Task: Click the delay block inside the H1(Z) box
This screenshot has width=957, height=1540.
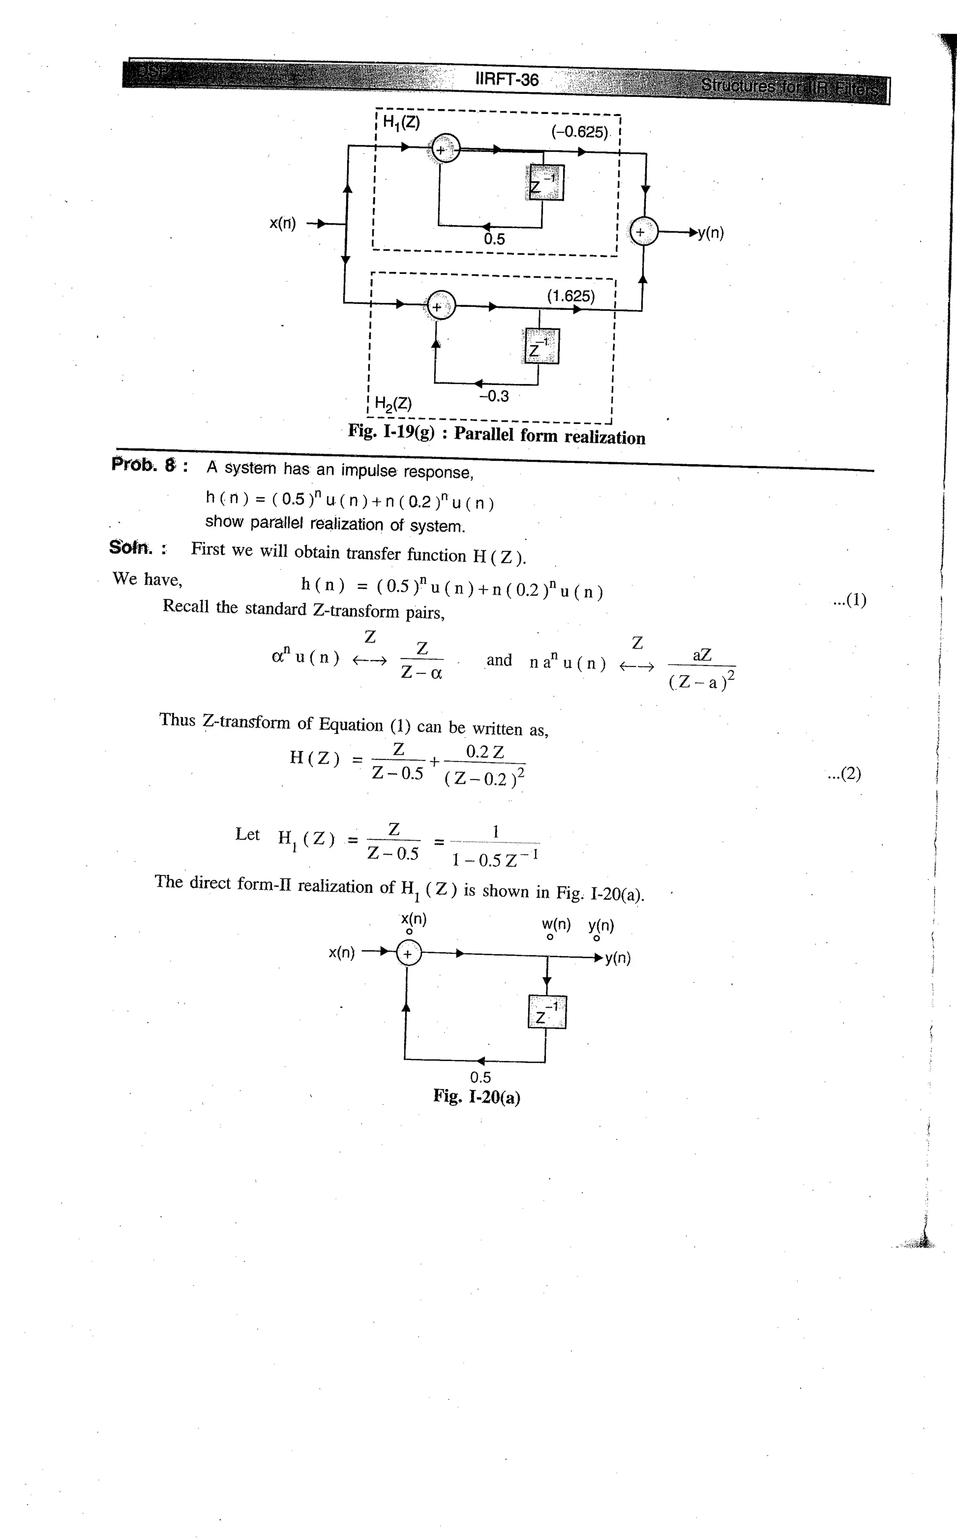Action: pos(544,182)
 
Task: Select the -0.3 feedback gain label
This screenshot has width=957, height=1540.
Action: pos(494,396)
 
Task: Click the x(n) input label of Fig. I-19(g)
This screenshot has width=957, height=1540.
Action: pos(282,223)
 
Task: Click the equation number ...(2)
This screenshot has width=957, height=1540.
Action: pos(844,774)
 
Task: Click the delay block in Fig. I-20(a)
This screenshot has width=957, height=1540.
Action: pos(547,1011)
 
